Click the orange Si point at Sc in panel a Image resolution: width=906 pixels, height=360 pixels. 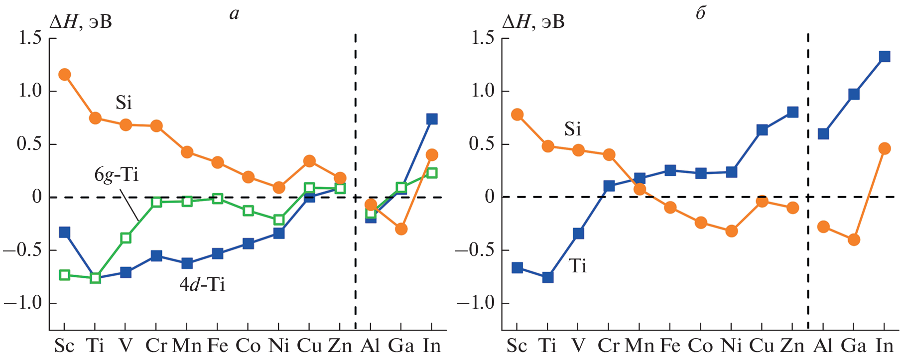pos(64,75)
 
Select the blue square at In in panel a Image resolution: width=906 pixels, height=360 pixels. pos(432,119)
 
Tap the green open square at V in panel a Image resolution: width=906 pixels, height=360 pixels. pos(126,238)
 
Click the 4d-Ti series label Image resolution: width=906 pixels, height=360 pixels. pos(202,284)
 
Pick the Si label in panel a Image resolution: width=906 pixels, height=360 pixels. pos(124,103)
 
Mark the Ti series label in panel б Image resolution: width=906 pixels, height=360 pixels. pos(577,266)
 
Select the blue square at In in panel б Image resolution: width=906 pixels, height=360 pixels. pos(885,56)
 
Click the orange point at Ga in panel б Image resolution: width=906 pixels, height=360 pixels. pos(854,240)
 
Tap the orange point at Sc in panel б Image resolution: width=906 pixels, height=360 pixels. pos(517,115)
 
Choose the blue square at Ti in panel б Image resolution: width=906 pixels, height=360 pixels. pos(548,277)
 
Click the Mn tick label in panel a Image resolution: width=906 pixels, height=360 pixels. pos(186,346)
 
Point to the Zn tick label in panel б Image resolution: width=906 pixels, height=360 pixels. pos(792,346)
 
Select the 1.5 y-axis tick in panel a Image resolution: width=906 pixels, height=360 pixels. pos(30,38)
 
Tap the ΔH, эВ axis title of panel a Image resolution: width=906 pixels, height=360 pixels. pos(80,22)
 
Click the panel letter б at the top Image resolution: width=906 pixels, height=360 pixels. pos(701,13)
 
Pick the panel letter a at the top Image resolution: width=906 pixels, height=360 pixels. pos(234,14)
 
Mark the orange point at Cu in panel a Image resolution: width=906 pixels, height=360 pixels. pos(309,161)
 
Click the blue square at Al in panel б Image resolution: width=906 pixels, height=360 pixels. pos(823,133)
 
